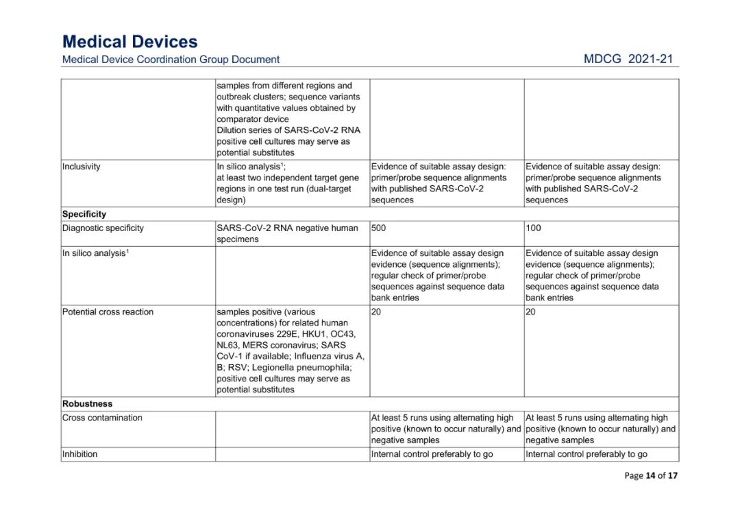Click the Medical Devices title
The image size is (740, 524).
coord(129,42)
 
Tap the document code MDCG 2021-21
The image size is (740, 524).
coord(628,59)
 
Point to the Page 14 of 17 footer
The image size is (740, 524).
coord(650,475)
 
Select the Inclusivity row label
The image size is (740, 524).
coord(81,167)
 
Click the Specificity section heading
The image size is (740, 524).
coord(84,214)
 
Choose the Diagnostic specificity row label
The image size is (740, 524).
coord(103,228)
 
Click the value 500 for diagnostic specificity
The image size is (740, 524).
coord(379,228)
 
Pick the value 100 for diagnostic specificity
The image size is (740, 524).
coord(533,228)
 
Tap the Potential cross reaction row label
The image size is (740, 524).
coord(108,311)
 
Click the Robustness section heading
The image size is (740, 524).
coord(87,403)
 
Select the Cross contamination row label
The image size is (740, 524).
coord(102,417)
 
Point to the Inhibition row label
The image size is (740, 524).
coord(79,454)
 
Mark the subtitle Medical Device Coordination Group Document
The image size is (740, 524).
coord(171,60)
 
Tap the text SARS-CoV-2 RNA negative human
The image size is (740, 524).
coord(287,228)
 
